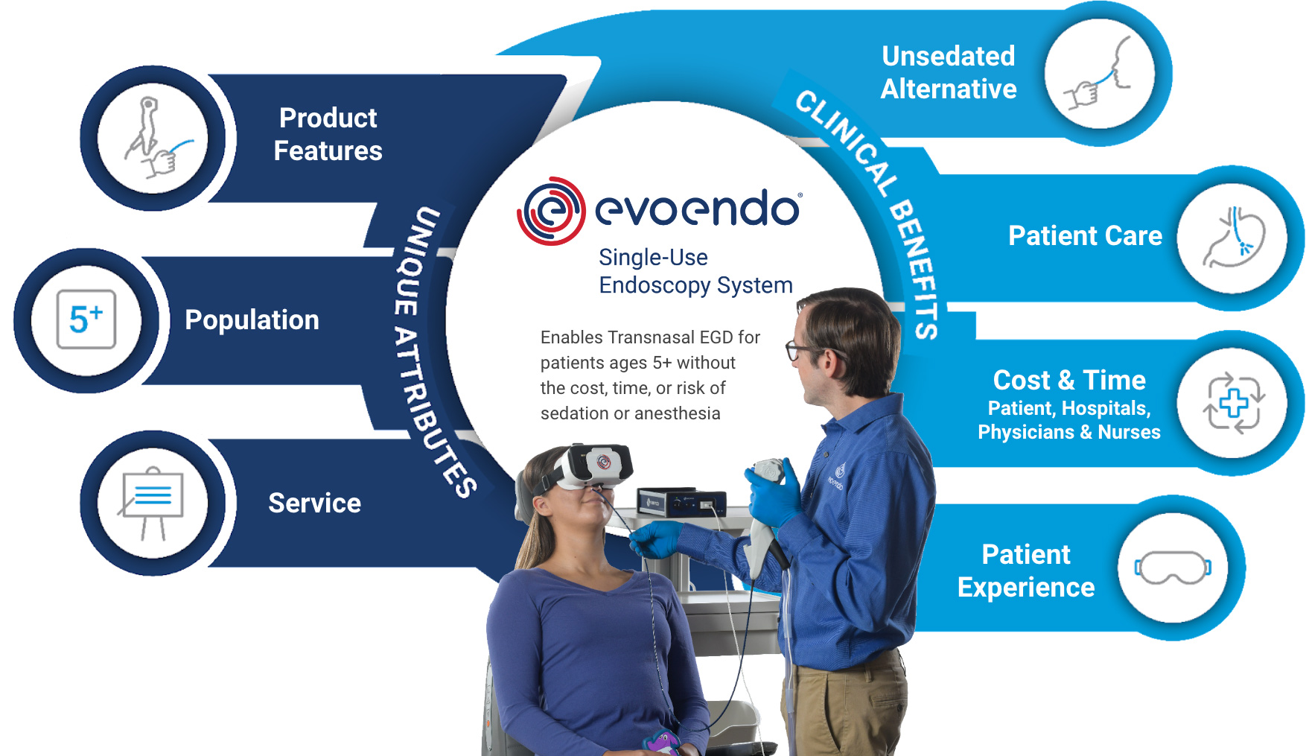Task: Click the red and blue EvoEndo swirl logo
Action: click(550, 211)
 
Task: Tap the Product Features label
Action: click(328, 135)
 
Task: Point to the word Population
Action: click(252, 320)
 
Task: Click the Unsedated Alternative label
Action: click(949, 72)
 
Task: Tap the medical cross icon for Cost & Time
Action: click(1233, 403)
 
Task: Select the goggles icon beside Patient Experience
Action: click(1173, 568)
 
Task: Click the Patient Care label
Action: click(1085, 236)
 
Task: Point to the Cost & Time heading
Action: click(1069, 381)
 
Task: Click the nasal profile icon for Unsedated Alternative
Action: click(1100, 74)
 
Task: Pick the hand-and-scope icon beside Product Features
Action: click(153, 139)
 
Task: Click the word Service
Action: click(314, 504)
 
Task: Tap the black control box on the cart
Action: click(681, 504)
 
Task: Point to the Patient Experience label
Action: click(1026, 571)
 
